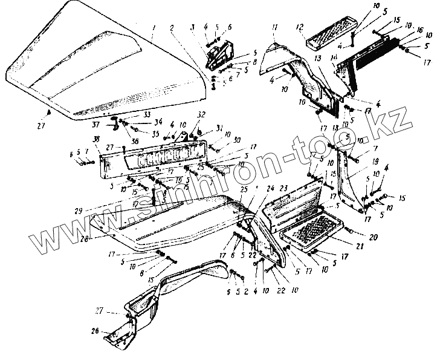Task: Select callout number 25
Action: tap(244, 189)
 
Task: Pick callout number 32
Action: tap(201, 114)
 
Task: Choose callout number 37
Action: tap(95, 126)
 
